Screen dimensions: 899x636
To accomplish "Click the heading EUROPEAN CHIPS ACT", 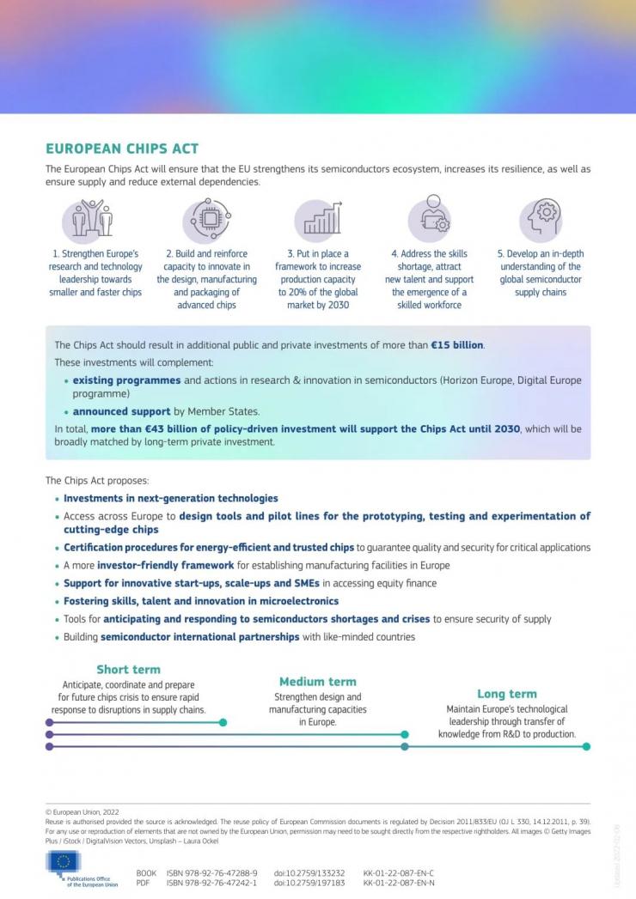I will tap(122, 149).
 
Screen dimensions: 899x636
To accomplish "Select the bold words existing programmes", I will tap(126, 380).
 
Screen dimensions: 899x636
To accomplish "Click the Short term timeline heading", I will tap(128, 670).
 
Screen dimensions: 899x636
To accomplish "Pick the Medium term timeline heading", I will tap(317, 682).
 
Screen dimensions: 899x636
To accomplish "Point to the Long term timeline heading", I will tap(506, 694).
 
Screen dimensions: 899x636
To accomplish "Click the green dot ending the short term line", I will tap(223, 723).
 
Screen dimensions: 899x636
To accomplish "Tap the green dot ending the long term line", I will tap(586, 747).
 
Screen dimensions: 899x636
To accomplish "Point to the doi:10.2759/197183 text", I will tap(309, 883).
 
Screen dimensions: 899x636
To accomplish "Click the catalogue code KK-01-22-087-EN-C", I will tap(399, 872).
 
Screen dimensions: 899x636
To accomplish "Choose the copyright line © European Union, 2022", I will tap(82, 811).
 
